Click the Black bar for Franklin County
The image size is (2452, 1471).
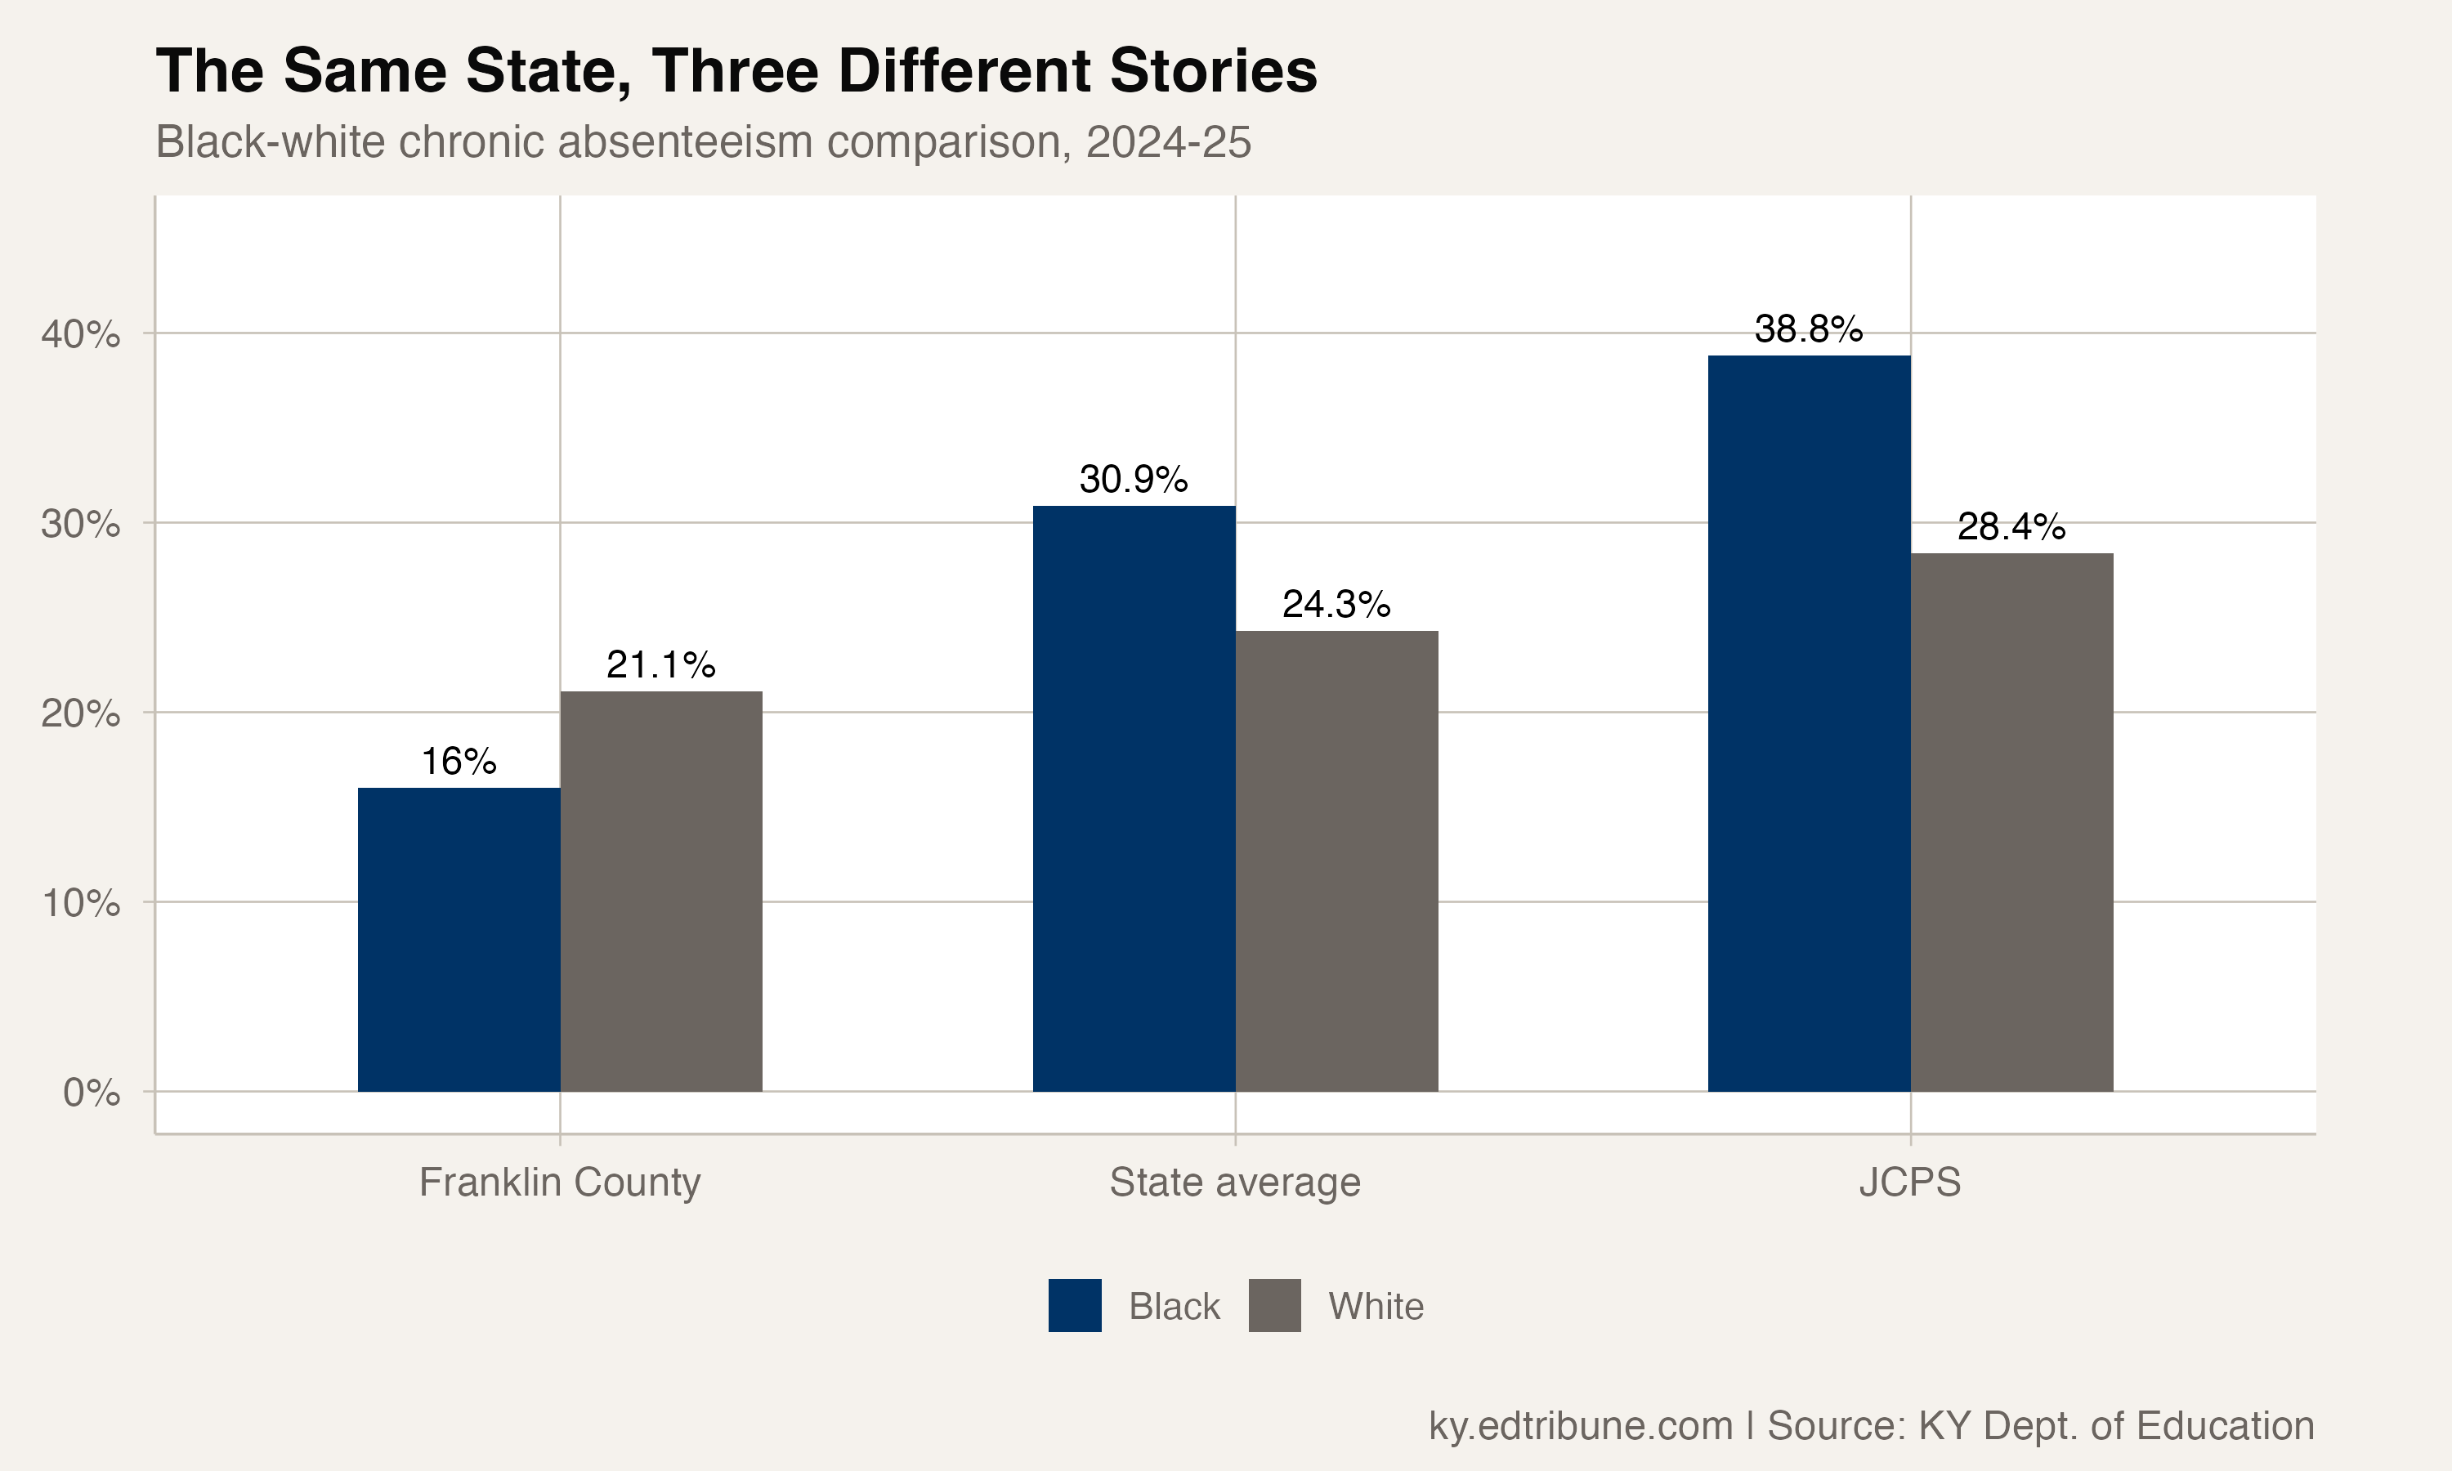tap(458, 940)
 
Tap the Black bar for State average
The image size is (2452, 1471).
tap(1134, 799)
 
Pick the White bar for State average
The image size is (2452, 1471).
tap(1336, 861)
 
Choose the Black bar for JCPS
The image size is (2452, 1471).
tap(1809, 723)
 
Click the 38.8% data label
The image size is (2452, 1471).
tap(1809, 329)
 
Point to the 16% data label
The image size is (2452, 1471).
tap(458, 762)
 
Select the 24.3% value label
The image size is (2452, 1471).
tap(1336, 605)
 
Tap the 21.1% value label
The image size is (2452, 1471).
tap(661, 665)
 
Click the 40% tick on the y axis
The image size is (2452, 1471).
tap(80, 334)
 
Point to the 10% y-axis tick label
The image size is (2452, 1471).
tap(80, 903)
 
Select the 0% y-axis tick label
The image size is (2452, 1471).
tap(92, 1093)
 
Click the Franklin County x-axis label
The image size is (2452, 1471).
tap(560, 1183)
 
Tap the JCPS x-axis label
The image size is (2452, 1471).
tap(1910, 1183)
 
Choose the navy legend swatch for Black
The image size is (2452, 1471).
tap(1074, 1305)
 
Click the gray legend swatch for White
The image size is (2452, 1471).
tap(1274, 1305)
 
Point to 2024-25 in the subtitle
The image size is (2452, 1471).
tap(1169, 141)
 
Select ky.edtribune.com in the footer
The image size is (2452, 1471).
tap(1580, 1425)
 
